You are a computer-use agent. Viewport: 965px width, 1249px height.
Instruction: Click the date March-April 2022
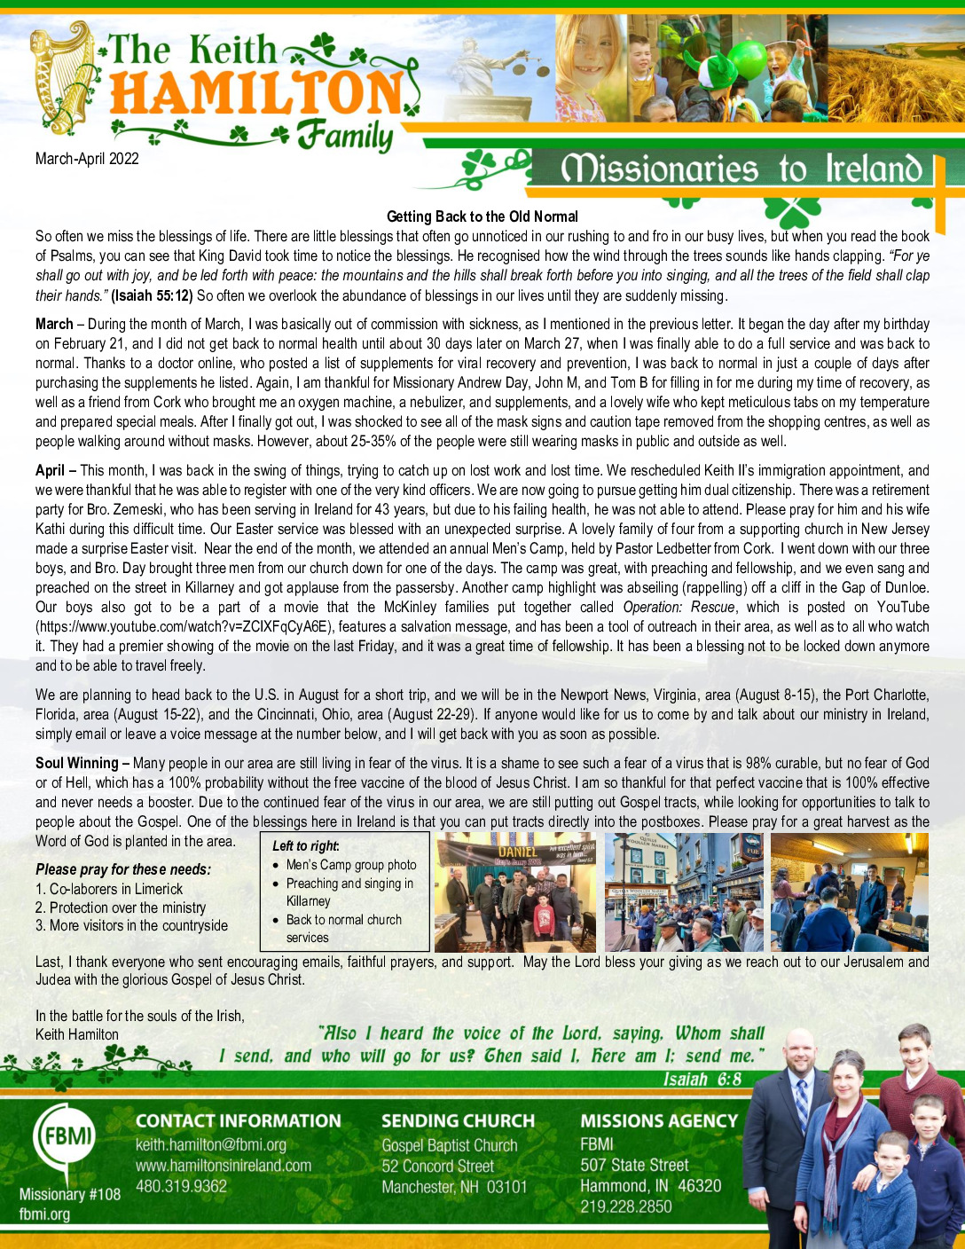coord(87,160)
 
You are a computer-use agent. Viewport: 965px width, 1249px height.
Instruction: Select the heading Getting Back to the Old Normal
coord(482,216)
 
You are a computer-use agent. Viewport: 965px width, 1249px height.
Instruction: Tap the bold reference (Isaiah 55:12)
coord(152,295)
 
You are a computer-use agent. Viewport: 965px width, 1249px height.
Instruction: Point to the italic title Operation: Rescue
coord(679,607)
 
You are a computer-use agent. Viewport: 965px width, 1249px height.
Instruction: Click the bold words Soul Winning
coord(76,763)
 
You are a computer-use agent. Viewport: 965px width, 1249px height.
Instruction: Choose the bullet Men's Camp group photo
coord(351,865)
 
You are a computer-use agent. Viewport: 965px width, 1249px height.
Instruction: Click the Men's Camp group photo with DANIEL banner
coord(514,892)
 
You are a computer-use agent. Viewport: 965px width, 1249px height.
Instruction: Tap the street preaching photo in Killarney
coord(683,892)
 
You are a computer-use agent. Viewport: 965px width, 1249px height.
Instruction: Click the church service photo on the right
coord(850,892)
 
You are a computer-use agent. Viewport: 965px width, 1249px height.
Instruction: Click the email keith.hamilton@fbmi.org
coord(211,1145)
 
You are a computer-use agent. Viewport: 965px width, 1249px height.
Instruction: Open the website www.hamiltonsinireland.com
coord(224,1166)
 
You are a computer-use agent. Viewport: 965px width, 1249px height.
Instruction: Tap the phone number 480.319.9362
coord(181,1186)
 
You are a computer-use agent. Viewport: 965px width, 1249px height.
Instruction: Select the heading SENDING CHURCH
coord(458,1121)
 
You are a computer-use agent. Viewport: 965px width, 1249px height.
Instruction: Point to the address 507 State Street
coord(634,1166)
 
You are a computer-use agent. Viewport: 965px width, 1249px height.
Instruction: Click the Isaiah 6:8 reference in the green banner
coord(702,1080)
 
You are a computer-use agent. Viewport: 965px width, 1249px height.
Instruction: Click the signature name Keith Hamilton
coord(77,1034)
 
